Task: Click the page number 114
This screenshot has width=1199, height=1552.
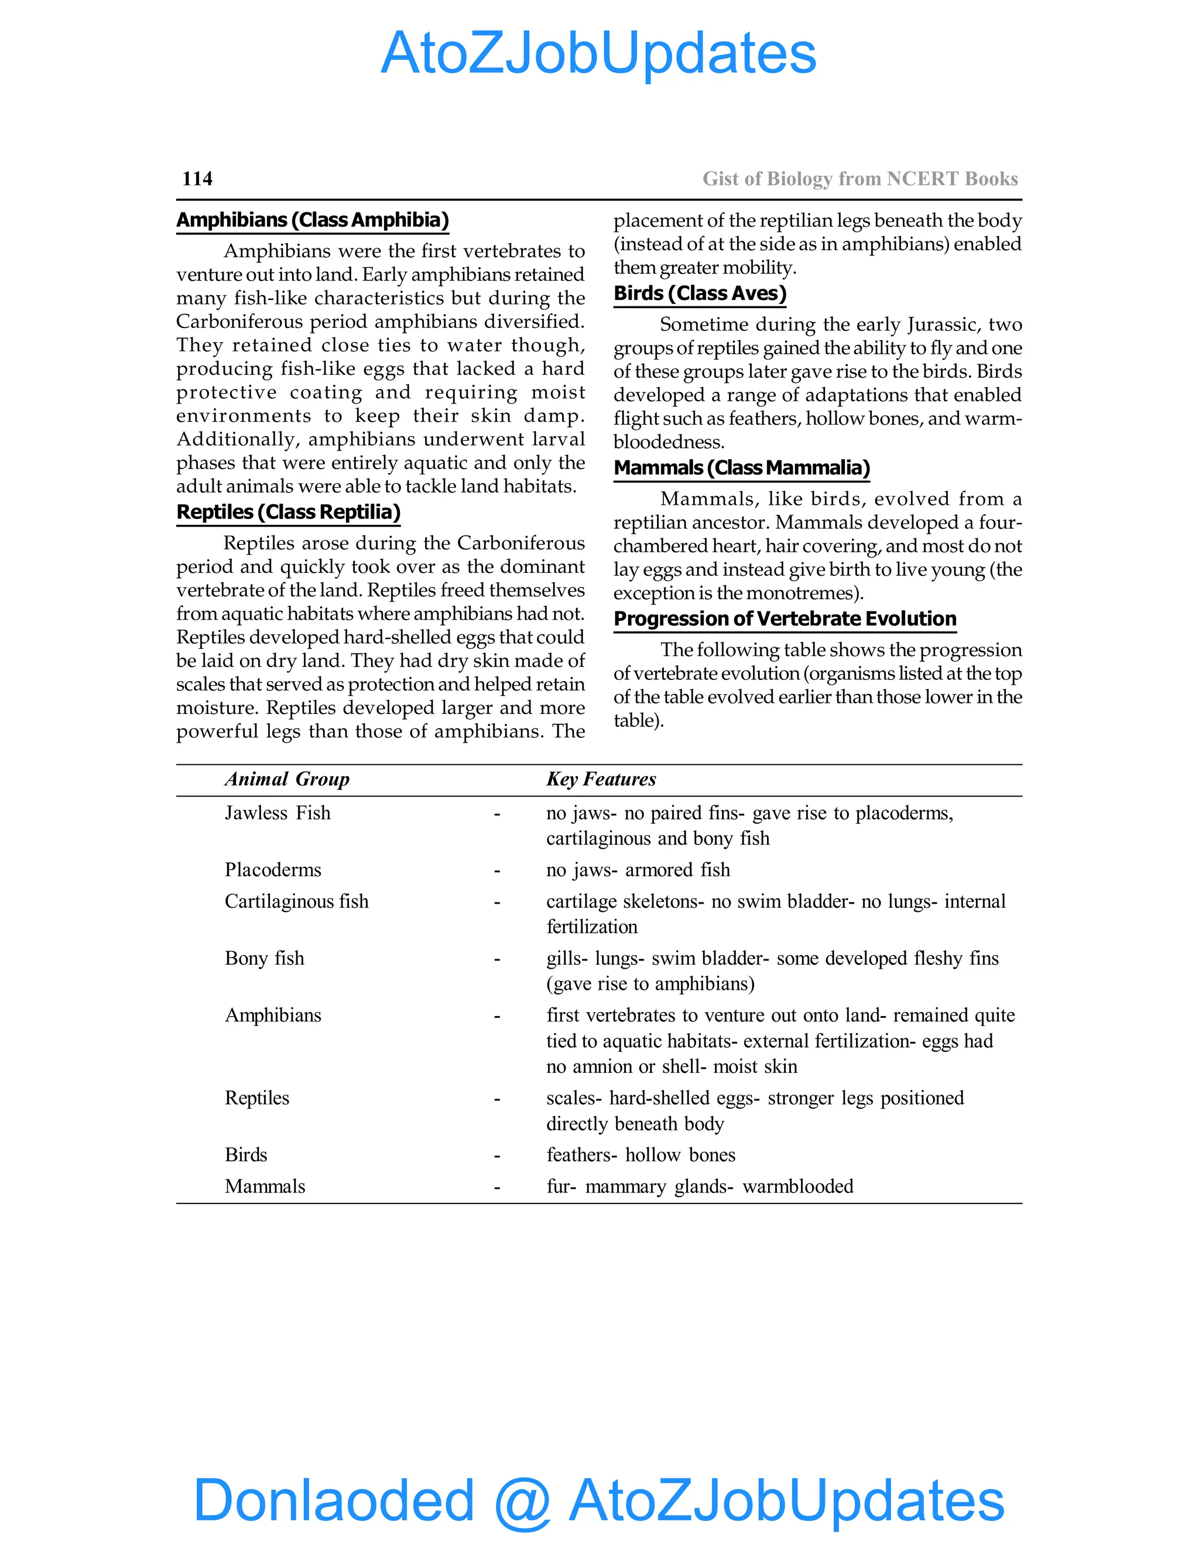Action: point(197,179)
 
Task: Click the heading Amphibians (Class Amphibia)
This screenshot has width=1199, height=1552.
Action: point(313,220)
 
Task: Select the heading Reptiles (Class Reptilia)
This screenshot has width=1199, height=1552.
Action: point(289,512)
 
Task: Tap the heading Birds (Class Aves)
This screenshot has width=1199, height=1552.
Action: point(700,293)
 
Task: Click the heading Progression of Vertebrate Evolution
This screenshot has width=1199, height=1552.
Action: point(785,618)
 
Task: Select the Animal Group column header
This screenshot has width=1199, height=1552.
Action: point(287,779)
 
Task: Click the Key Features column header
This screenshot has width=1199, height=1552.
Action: point(601,779)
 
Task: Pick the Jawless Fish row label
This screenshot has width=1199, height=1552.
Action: point(278,813)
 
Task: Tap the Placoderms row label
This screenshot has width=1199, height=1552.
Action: point(273,870)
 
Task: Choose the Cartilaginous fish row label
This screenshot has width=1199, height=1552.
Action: point(297,901)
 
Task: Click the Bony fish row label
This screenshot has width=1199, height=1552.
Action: point(264,958)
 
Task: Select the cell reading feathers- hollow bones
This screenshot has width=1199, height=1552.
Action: point(640,1155)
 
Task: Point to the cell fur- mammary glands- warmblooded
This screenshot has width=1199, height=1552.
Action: point(700,1186)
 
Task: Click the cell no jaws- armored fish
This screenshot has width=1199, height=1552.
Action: point(638,870)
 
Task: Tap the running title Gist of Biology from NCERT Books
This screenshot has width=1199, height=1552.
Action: point(860,179)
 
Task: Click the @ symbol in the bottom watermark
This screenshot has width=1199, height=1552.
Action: point(522,1501)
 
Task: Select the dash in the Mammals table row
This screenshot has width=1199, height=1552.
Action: point(497,1187)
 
